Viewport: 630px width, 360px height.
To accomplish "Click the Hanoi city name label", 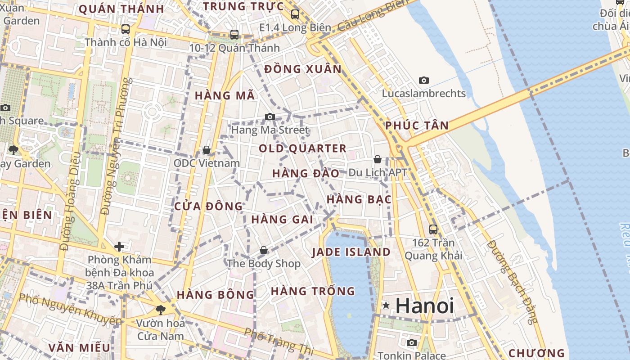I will [x=424, y=306].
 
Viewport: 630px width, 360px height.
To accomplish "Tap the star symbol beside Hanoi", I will [x=386, y=306].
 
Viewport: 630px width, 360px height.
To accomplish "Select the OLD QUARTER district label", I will [x=302, y=148].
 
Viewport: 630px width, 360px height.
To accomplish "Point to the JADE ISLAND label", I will [x=351, y=252].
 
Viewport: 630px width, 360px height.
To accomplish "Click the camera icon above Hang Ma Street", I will [x=270, y=117].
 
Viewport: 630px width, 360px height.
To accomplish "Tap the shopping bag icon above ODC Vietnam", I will [x=207, y=149].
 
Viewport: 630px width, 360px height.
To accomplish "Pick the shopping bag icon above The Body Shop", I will [x=264, y=250].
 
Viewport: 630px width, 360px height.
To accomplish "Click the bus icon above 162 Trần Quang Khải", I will [x=433, y=229].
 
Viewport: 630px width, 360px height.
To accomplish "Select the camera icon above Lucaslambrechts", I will [x=423, y=81].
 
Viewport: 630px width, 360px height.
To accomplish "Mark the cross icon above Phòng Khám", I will [x=119, y=247].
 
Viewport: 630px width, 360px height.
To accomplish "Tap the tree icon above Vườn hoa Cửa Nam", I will [x=160, y=310].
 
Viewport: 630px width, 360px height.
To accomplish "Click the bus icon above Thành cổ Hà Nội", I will [x=126, y=29].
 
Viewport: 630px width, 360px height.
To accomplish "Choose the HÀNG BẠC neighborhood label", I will [x=359, y=199].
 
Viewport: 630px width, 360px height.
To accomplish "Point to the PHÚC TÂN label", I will [x=417, y=126].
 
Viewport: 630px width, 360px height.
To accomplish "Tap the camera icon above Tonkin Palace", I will [x=411, y=343].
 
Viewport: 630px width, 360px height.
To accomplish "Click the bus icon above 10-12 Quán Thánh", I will [x=234, y=34].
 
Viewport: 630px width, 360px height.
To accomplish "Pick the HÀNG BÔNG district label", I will [x=215, y=295].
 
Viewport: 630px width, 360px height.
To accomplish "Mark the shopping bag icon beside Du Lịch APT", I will [x=378, y=159].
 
